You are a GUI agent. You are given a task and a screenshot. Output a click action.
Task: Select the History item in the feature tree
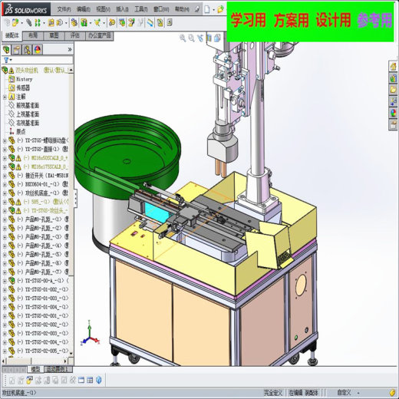click(x=24, y=78)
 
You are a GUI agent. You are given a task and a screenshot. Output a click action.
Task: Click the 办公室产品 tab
click(x=100, y=35)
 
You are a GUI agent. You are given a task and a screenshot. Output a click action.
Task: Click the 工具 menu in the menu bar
click(x=140, y=8)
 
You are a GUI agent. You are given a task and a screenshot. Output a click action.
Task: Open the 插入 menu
click(x=122, y=8)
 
